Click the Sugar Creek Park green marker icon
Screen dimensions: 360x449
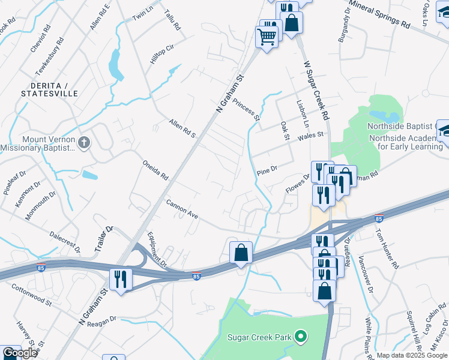click(x=303, y=337)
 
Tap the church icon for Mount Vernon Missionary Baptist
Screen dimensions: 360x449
click(x=85, y=143)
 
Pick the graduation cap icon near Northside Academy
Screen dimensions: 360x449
click(x=445, y=131)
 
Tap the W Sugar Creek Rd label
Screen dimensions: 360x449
click(x=316, y=90)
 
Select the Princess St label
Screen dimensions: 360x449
click(x=246, y=110)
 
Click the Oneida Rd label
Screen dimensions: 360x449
click(x=155, y=170)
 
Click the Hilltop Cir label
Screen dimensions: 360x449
click(x=161, y=55)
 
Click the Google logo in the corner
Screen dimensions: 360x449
click(x=20, y=353)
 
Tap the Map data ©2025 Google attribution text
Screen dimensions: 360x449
click(x=412, y=355)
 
